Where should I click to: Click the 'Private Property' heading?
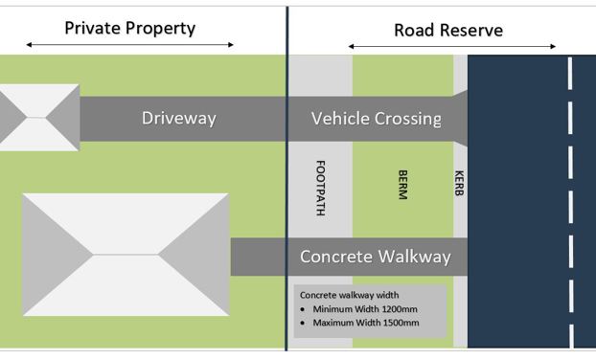129,28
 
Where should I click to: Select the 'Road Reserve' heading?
448,30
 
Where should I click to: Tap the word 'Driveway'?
179,119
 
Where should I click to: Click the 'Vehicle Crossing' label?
377,119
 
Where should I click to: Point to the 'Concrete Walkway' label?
376,257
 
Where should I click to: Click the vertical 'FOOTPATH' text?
319,187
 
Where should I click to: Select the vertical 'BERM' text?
402,184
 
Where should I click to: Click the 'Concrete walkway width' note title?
349,295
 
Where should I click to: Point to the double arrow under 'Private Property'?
129,45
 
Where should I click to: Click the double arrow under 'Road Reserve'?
451,46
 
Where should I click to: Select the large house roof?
126,254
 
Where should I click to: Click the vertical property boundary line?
287,191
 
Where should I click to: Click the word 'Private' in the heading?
94,28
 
